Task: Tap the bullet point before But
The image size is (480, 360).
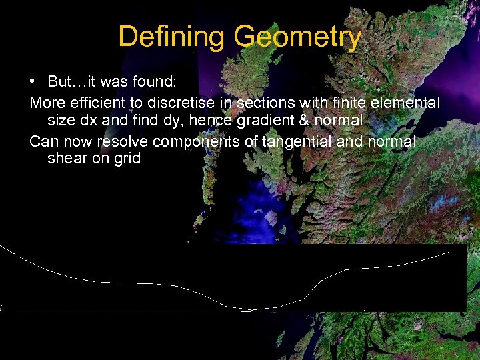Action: click(x=33, y=82)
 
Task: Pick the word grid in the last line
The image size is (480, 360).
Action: click(x=127, y=159)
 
